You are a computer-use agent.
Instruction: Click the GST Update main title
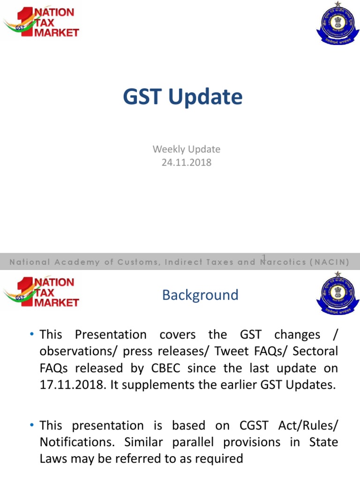(x=183, y=97)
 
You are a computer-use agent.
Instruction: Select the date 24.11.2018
(x=186, y=163)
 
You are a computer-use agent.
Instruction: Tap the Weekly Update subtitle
(x=186, y=150)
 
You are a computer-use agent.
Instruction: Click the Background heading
(x=200, y=295)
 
